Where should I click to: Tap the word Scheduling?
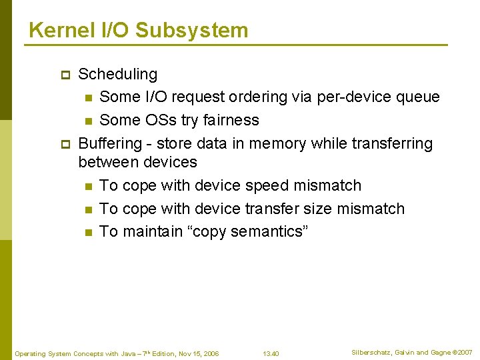118,75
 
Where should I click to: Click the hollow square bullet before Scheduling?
65,75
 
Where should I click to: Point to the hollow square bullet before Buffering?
65,144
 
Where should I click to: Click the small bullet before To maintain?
87,232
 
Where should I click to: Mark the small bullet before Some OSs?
87,121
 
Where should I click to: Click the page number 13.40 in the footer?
271,353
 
